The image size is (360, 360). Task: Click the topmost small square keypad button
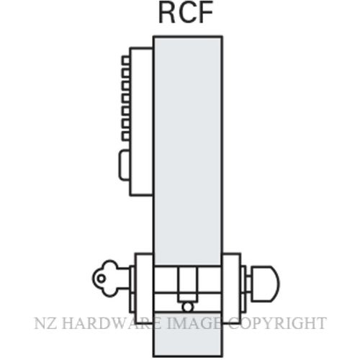[126, 60]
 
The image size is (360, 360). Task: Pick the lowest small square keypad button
[126, 136]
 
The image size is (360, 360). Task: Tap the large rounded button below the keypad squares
[125, 165]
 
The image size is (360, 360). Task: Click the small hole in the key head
[102, 279]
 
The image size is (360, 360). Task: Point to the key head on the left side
[105, 279]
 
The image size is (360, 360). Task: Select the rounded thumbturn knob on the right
[265, 283]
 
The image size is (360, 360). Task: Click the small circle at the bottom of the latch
[187, 307]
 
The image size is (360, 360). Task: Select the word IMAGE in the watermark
[194, 323]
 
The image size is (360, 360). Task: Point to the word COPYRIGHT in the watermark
[276, 323]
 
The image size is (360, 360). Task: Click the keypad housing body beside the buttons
[142, 122]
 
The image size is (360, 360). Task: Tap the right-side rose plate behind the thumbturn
[232, 288]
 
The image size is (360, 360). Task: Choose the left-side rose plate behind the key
[143, 288]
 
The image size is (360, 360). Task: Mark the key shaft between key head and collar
[123, 279]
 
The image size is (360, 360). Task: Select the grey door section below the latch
[187, 334]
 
